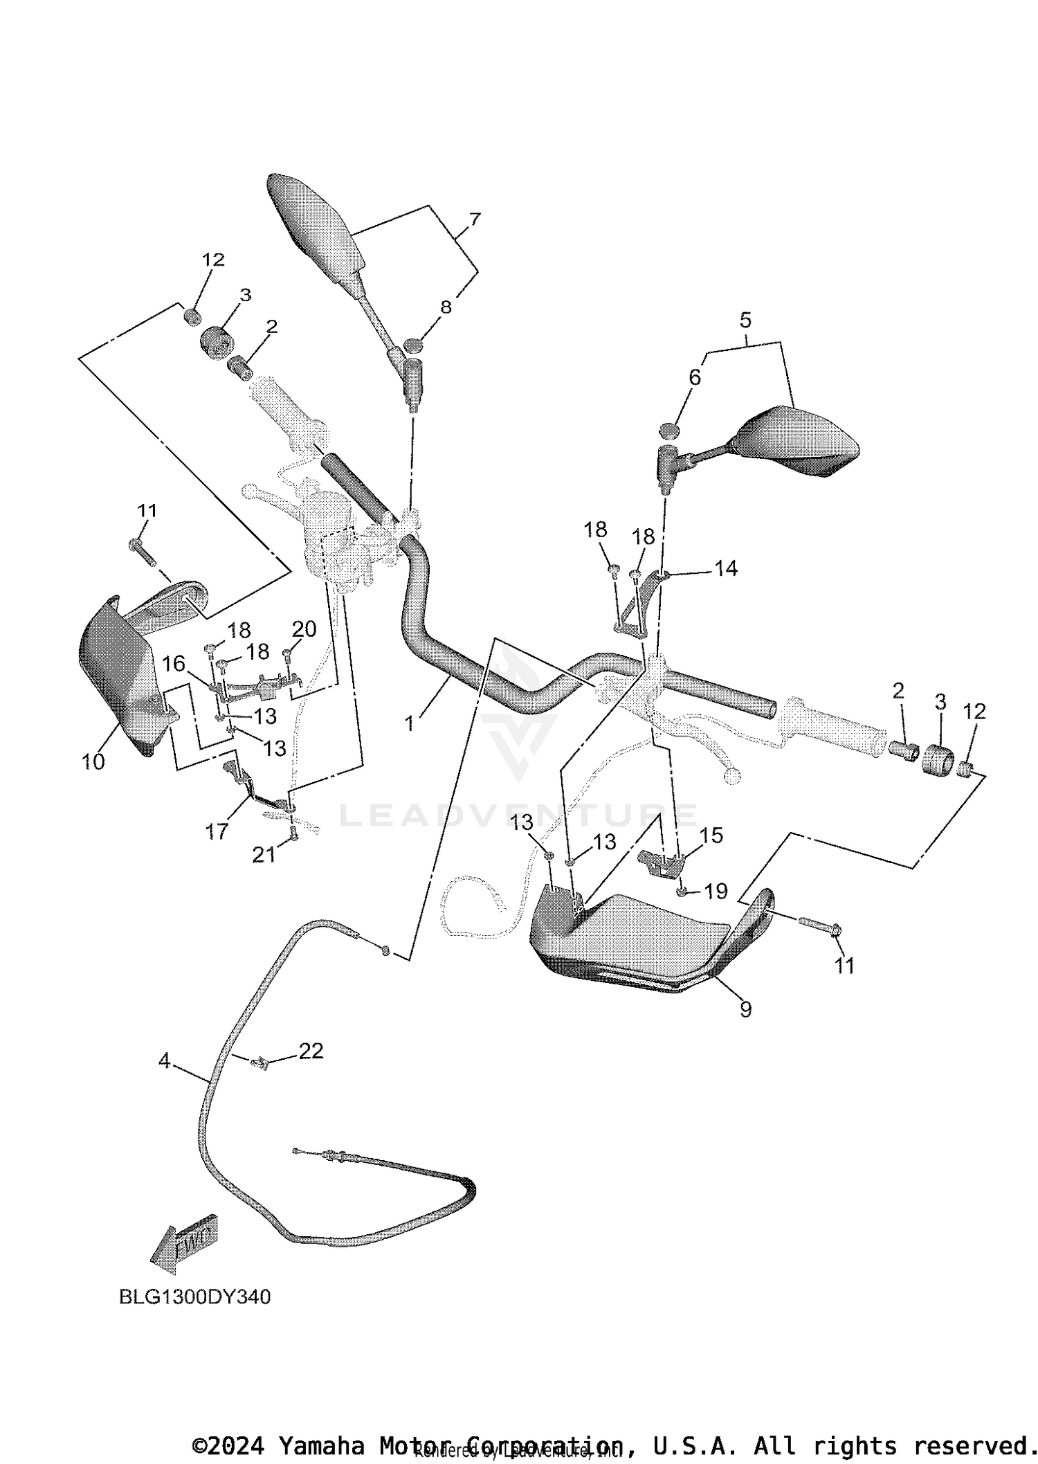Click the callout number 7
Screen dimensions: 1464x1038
[474, 219]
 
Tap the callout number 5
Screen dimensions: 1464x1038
[745, 320]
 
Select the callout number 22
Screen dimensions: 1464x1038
[311, 1051]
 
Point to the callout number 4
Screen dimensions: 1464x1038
[164, 1060]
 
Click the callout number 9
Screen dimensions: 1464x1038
[745, 1010]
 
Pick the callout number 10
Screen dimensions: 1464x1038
[93, 761]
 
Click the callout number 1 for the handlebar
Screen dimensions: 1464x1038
[410, 723]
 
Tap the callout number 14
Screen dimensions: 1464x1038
[726, 568]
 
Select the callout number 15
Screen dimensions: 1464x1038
[711, 835]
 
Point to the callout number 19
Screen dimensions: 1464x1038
[716, 891]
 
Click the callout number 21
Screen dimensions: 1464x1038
[264, 855]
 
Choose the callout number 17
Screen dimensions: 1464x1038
[217, 831]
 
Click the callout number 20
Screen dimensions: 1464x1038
[304, 629]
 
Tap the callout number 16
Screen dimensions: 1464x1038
[174, 664]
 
